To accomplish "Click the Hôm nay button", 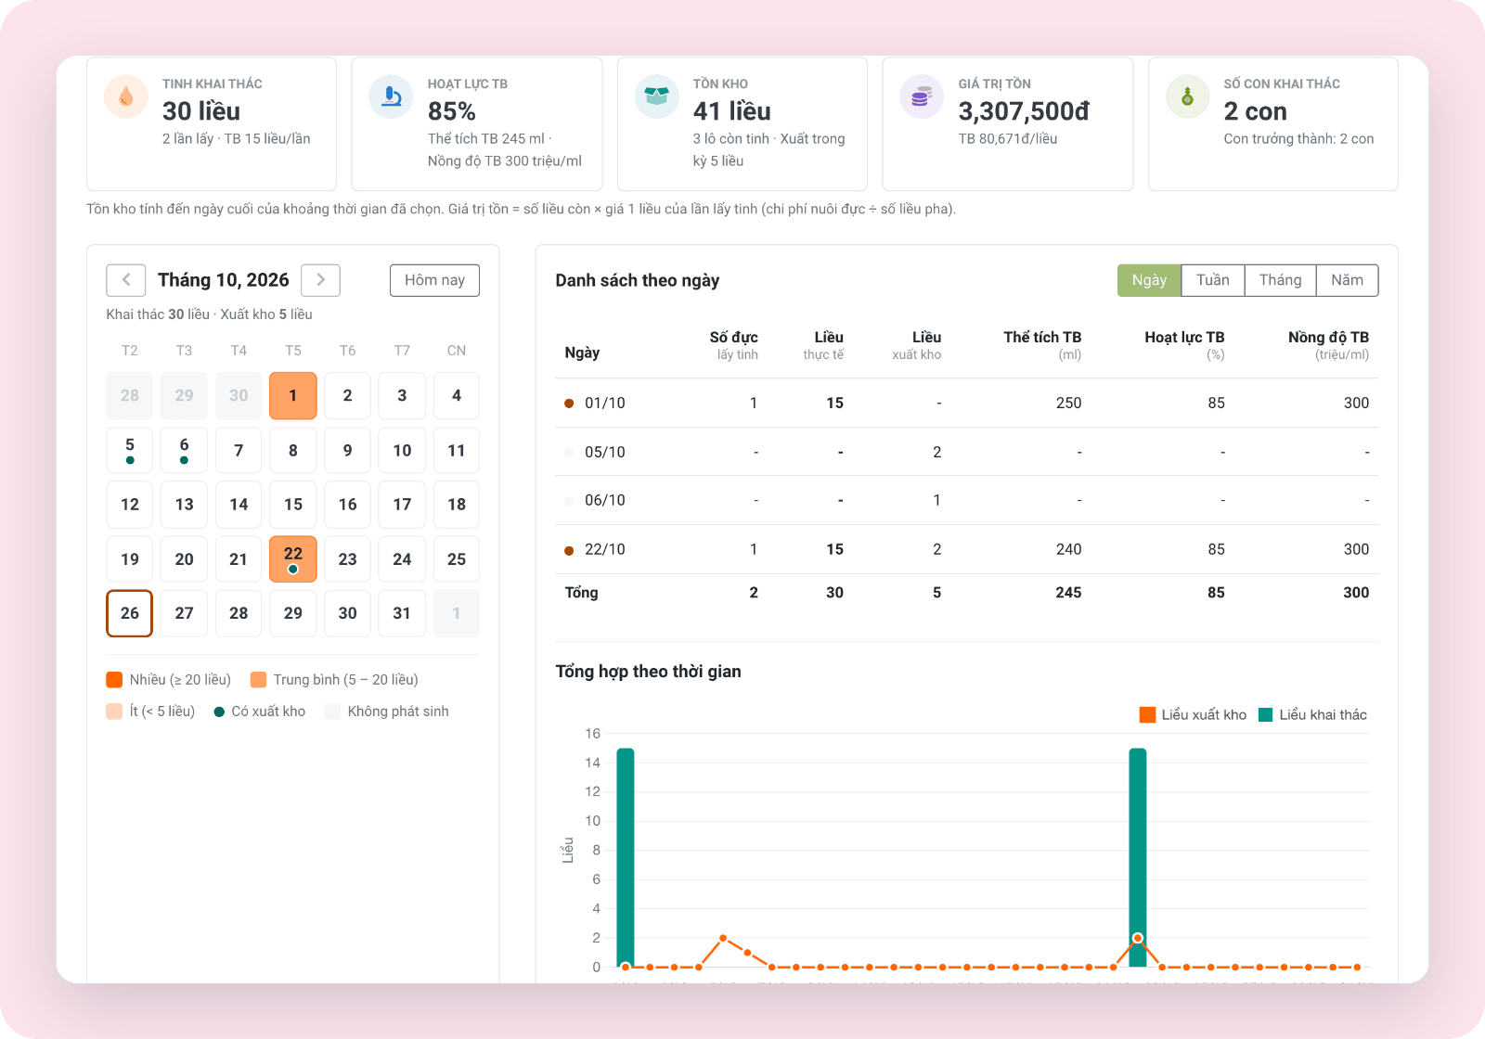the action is click(x=434, y=280).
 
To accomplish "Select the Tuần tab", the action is click(x=1212, y=280).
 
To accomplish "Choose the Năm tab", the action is click(x=1347, y=280).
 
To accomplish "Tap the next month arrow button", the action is click(x=320, y=280).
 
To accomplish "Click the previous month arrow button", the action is click(x=126, y=280).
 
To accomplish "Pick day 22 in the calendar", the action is click(x=293, y=558).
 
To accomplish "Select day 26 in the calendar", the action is click(x=129, y=613).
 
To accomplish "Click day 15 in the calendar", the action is click(x=293, y=505).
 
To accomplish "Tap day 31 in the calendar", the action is click(x=402, y=613).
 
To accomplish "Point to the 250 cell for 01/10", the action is click(x=1068, y=403).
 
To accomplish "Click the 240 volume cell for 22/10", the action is click(x=1068, y=549).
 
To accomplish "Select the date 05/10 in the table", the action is click(x=604, y=452).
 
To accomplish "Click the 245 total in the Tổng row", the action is click(x=1068, y=593).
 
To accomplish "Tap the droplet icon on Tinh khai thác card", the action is click(x=126, y=96).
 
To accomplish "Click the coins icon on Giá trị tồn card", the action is click(x=922, y=96).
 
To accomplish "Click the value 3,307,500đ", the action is click(x=1024, y=111).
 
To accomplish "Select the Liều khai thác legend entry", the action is click(x=1312, y=715).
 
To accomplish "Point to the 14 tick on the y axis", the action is click(x=593, y=763).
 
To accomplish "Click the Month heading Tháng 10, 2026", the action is click(x=224, y=280).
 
